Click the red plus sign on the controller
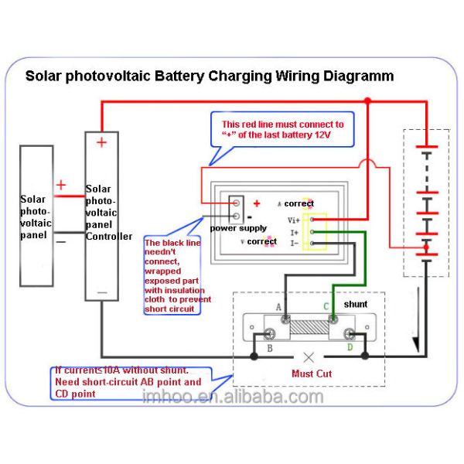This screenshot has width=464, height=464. (102, 142)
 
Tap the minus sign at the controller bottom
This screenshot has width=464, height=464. (102, 292)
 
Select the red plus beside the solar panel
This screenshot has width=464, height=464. (61, 186)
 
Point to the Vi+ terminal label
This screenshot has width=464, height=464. (293, 220)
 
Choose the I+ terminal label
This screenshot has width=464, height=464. (294, 232)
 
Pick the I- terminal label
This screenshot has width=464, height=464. (294, 243)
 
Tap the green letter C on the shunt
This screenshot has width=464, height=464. (326, 306)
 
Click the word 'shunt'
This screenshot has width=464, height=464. (355, 305)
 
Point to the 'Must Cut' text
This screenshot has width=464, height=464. (312, 374)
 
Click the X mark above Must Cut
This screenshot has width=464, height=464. (309, 357)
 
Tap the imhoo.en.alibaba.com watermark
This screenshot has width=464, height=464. (233, 397)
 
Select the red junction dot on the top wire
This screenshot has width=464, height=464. (367, 101)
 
